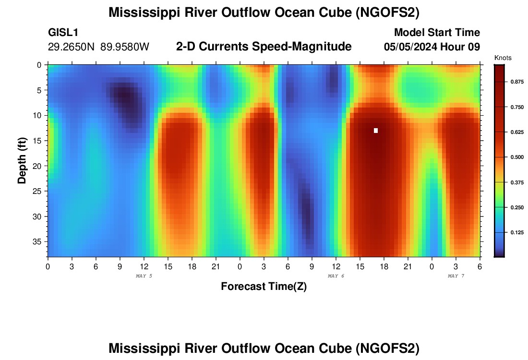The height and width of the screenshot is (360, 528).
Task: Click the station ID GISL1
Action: [x=63, y=33]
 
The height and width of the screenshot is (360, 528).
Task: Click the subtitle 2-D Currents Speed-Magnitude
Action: [x=264, y=47]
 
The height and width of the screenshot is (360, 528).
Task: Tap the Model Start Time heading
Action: [x=437, y=33]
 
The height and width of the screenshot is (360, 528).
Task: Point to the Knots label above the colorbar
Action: [x=503, y=58]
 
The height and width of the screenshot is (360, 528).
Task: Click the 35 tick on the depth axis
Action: [x=38, y=241]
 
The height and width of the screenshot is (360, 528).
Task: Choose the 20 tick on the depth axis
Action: [x=38, y=166]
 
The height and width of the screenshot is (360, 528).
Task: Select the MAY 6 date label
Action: [x=336, y=276]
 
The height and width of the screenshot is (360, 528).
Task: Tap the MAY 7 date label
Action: [x=456, y=276]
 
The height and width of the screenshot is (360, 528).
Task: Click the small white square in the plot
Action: [x=376, y=131]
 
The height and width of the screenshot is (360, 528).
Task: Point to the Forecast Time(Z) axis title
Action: [x=264, y=287]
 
